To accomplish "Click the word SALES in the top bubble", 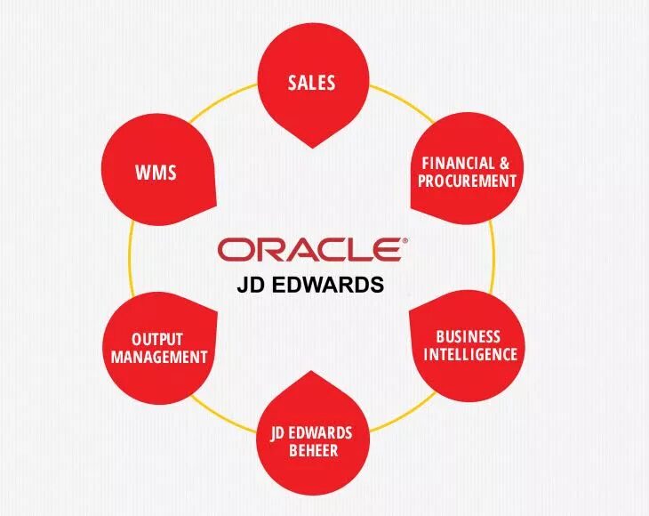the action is [x=311, y=84].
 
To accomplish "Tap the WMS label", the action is [x=156, y=173].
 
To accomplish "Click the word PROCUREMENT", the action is [x=469, y=181].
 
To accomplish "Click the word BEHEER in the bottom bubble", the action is [x=312, y=450].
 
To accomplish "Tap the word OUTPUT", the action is [x=156, y=340].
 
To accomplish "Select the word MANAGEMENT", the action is [x=156, y=358].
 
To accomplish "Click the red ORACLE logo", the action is [x=308, y=250].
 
